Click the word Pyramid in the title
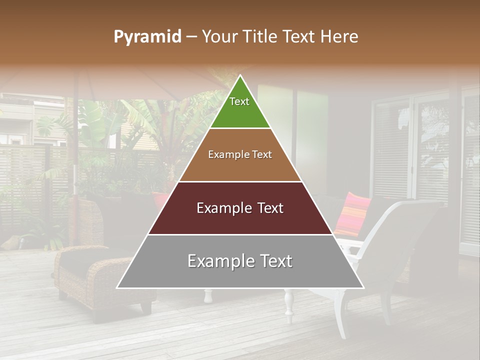pyautogui.click(x=147, y=37)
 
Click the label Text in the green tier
pyautogui.click(x=239, y=101)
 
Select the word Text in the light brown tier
pyautogui.click(x=261, y=154)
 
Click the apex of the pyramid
pyautogui.click(x=240, y=76)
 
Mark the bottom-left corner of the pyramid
pyautogui.click(x=117, y=287)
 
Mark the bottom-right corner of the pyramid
pyautogui.click(x=363, y=287)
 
